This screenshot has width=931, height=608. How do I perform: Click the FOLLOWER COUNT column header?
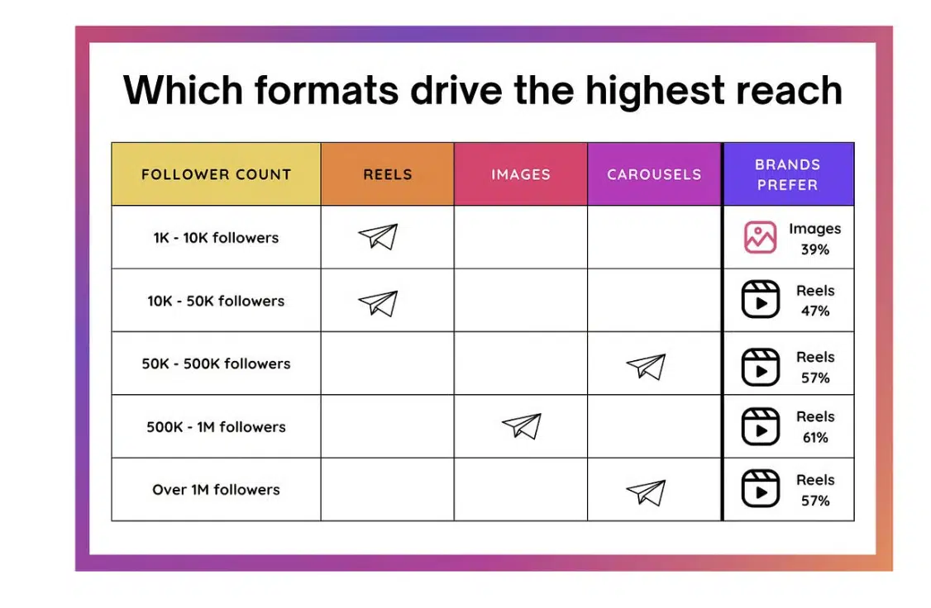216,174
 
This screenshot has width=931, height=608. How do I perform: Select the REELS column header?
387,174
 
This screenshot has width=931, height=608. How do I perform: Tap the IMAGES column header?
520,174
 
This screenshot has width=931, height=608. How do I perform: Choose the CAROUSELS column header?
653,174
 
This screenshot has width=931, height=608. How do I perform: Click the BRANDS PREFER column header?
787,174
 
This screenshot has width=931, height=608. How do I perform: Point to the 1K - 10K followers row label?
216,238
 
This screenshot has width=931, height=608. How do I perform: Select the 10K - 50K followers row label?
216,301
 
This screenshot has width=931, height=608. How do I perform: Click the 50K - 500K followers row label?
216,363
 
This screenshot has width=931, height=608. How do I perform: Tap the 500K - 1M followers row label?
216,427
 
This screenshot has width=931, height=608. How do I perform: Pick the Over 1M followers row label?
216,490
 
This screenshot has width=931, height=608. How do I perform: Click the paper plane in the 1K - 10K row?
378,237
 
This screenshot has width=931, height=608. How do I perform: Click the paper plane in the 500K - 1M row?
521,426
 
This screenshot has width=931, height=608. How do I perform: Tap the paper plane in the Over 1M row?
646,492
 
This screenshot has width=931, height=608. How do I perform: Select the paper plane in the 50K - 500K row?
646,367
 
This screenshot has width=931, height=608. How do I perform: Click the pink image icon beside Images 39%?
760,238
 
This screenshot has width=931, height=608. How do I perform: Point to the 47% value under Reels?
814,311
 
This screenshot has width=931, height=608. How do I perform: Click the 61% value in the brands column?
814,438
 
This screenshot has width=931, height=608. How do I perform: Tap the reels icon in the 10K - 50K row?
760,301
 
